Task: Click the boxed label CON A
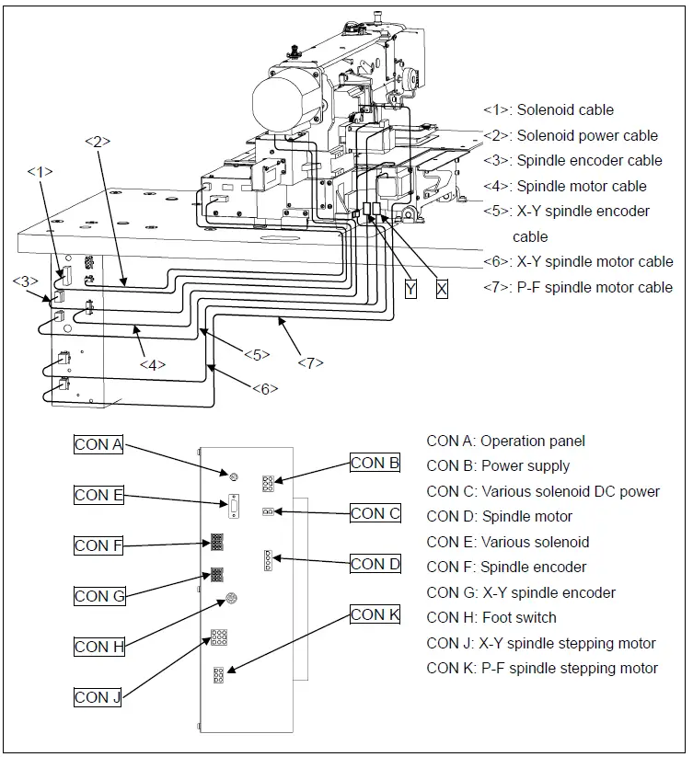98,444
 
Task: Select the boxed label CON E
98,495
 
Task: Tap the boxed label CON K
375,614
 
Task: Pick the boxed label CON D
375,564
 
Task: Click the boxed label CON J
98,697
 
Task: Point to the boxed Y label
410,289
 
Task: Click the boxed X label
442,289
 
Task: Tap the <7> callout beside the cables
310,362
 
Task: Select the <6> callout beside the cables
264,388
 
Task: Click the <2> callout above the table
98,142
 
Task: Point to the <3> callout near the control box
25,281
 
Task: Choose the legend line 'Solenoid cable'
549,110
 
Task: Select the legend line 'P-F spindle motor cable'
578,287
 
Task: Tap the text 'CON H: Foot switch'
491,617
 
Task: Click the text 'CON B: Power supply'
498,465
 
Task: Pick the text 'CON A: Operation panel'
505,441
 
